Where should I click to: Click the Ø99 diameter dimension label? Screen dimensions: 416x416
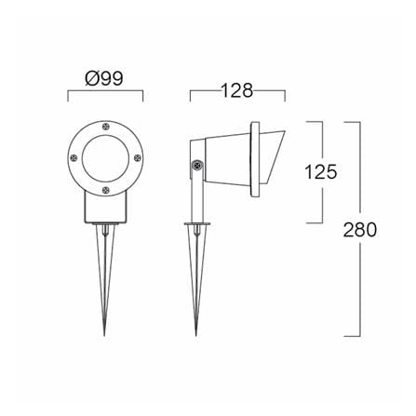tap(104, 78)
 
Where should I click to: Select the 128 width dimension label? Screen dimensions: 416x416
tap(237, 91)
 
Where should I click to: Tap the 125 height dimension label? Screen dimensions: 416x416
tap(321, 172)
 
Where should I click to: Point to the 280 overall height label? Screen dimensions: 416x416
tap(360, 230)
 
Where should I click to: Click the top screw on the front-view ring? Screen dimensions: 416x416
tap(105, 127)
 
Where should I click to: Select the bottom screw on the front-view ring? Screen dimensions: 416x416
tap(105, 190)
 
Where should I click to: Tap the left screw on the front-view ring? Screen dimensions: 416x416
tap(74, 158)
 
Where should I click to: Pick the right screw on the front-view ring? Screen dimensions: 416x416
tap(137, 158)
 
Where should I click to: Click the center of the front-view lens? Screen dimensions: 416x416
tap(105, 158)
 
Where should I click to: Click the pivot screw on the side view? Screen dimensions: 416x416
tap(196, 165)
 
